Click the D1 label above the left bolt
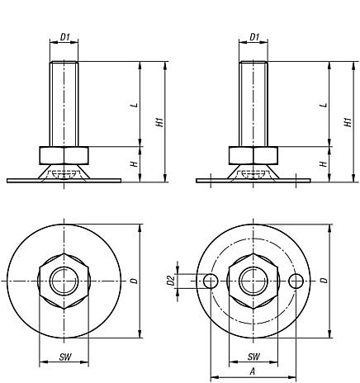[x=65, y=37]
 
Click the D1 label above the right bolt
[x=254, y=37]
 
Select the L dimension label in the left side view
[x=135, y=106]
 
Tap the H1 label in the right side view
[x=348, y=122]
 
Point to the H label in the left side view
[x=134, y=164]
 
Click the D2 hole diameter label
[x=171, y=281]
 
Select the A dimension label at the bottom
[x=253, y=371]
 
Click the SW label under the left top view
[x=65, y=357]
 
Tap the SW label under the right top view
[x=253, y=357]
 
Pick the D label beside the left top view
[x=134, y=281]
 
